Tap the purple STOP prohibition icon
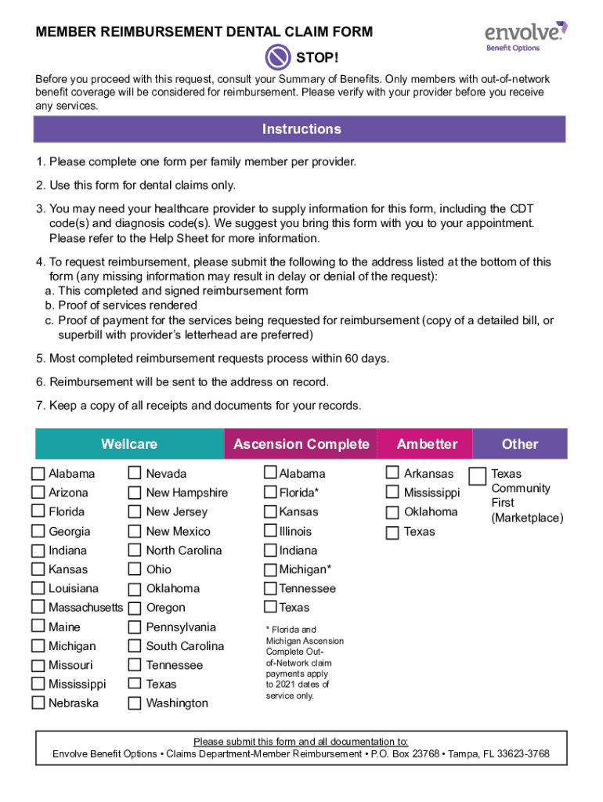(x=278, y=56)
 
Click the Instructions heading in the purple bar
(x=301, y=129)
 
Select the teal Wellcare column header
(x=129, y=444)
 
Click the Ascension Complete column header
(x=301, y=444)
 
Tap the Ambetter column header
(x=426, y=444)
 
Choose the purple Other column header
(x=519, y=444)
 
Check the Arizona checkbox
(x=38, y=493)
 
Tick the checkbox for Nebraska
(x=38, y=703)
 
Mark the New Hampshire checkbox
(x=135, y=493)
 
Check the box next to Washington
(x=135, y=703)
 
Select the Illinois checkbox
(x=270, y=531)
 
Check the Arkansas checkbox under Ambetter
(x=392, y=473)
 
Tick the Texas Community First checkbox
(x=476, y=476)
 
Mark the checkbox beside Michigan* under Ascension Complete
(x=270, y=569)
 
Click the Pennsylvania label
(x=180, y=627)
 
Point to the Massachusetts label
(x=85, y=608)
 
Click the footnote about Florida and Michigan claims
(x=304, y=663)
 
